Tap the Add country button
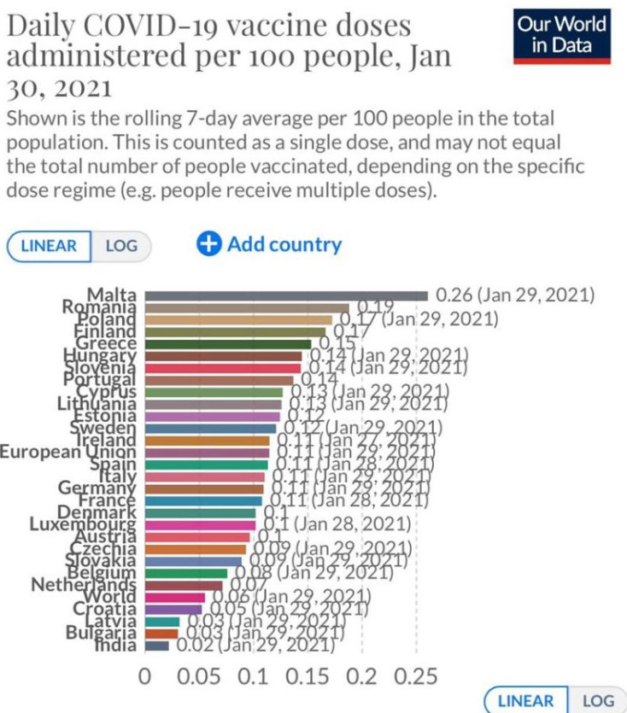pyautogui.click(x=269, y=244)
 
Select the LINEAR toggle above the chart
pyautogui.click(x=49, y=246)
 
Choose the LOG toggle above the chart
pyautogui.click(x=121, y=246)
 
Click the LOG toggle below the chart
pyautogui.click(x=598, y=701)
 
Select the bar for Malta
pyautogui.click(x=286, y=295)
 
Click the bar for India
pyautogui.click(x=157, y=646)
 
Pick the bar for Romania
pyautogui.click(x=247, y=308)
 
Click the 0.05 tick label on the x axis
pyautogui.click(x=199, y=677)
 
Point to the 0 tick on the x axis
pyautogui.click(x=145, y=677)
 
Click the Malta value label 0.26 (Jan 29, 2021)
pyautogui.click(x=514, y=295)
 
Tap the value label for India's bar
pyautogui.click(x=255, y=646)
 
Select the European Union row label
pyautogui.click(x=67, y=452)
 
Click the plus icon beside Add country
pyautogui.click(x=209, y=244)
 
